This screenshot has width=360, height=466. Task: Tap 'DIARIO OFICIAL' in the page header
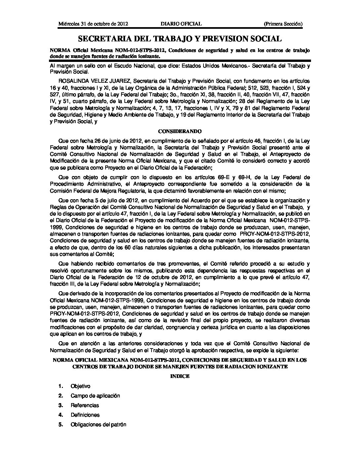181,24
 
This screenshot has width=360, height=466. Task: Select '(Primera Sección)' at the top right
283,24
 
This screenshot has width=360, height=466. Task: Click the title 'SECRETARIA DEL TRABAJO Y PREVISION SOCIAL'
180,39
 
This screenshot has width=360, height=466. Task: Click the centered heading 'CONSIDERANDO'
180,131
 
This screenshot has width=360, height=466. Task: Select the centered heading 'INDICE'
180,376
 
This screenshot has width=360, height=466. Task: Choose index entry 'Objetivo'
80,386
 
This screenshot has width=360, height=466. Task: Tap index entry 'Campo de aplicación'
95,396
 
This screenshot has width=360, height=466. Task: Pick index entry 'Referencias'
85,405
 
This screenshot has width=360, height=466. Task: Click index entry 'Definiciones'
85,415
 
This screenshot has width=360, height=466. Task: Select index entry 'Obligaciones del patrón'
98,425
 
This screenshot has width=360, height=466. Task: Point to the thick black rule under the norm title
180,61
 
